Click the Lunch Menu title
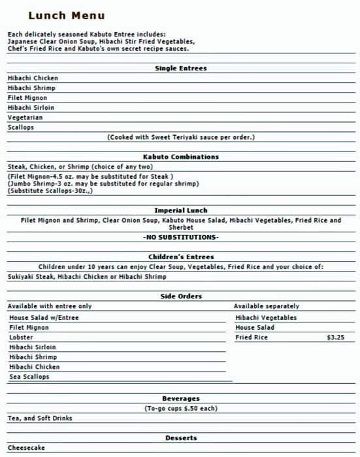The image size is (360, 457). [x=66, y=16]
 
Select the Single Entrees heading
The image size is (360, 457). [x=181, y=68]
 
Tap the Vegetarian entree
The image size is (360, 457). [x=25, y=118]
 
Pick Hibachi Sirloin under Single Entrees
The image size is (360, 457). [x=31, y=108]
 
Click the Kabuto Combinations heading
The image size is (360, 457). [x=181, y=157]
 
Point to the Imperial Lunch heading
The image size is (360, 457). [x=181, y=210]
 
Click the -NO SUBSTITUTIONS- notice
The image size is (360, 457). [x=181, y=237]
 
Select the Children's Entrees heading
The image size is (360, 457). [x=181, y=257]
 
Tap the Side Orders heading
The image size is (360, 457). [x=181, y=296]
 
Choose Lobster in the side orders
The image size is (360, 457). [x=21, y=338]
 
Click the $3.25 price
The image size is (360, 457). [x=335, y=338]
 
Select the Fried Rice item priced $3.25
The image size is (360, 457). [x=252, y=338]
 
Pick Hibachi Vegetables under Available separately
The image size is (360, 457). [x=266, y=318]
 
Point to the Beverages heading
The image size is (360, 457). [x=181, y=398]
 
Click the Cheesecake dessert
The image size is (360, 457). [x=26, y=448]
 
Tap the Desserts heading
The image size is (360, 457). [x=181, y=438]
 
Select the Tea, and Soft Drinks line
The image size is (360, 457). [x=40, y=418]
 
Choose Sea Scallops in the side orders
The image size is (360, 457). [x=29, y=377]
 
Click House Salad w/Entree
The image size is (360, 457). [x=44, y=318]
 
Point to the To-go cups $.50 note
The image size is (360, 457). [x=181, y=408]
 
